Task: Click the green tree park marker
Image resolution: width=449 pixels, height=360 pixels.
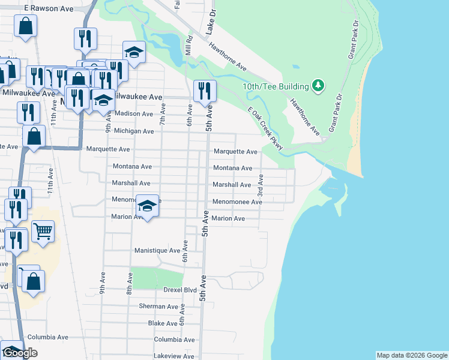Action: (318, 86)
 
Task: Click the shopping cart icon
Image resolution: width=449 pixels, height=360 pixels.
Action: (43, 231)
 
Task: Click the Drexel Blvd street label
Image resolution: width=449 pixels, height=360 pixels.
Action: (181, 290)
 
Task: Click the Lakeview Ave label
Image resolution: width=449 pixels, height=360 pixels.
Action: (174, 356)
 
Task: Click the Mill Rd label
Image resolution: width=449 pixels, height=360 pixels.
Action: (188, 46)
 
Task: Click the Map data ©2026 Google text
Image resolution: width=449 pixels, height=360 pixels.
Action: (411, 355)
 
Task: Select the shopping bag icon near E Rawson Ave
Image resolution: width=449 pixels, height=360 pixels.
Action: (26, 26)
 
